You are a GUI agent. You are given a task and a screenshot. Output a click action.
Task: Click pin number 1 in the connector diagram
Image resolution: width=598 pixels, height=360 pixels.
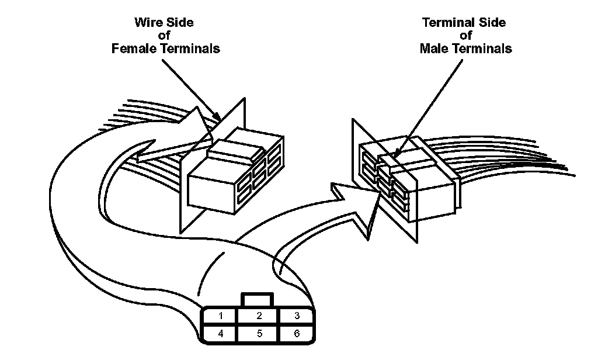pos(220,316)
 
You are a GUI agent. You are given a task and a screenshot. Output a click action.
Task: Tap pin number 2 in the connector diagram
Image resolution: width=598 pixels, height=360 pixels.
pos(259,316)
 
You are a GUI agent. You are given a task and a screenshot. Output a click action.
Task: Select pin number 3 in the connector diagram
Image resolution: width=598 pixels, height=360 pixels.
pos(297,316)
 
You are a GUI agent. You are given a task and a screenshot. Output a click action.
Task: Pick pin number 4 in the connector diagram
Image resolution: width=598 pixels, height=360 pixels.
pos(220,334)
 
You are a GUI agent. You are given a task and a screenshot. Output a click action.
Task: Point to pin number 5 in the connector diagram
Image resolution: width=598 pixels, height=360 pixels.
pos(259,334)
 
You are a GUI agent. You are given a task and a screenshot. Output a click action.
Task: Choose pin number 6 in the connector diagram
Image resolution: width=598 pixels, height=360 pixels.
pos(297,334)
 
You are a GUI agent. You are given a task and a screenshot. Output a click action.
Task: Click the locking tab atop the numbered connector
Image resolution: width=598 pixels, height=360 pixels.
pos(258,300)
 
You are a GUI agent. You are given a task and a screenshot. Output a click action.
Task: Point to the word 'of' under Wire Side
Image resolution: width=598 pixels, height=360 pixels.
pos(164,36)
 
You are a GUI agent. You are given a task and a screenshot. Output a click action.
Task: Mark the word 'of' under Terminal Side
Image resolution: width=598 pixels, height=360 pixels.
pos(465,36)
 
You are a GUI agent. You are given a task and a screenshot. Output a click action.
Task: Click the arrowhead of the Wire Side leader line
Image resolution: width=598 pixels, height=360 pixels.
pos(217,116)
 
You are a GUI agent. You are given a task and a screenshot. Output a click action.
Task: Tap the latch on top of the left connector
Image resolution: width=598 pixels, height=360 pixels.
pos(236,150)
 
